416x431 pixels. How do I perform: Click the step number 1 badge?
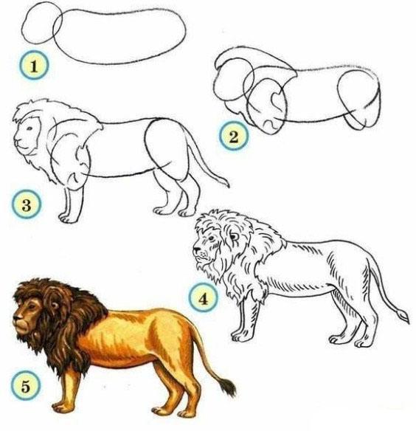click(x=34, y=66)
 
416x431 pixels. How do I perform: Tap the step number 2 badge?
click(x=234, y=137)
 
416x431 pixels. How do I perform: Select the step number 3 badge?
click(x=27, y=204)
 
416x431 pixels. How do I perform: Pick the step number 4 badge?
click(x=204, y=297)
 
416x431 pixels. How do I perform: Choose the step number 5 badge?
click(x=26, y=386)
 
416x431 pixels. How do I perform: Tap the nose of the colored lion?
click(x=16, y=320)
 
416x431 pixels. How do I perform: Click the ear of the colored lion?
click(x=56, y=304)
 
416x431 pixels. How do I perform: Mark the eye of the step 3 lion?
click(x=30, y=128)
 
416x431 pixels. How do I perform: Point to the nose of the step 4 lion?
click(x=196, y=249)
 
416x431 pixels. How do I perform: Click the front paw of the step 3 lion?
click(x=67, y=218)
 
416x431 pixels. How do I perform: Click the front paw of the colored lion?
click(x=61, y=407)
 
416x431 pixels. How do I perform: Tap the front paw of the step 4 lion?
click(x=240, y=337)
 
